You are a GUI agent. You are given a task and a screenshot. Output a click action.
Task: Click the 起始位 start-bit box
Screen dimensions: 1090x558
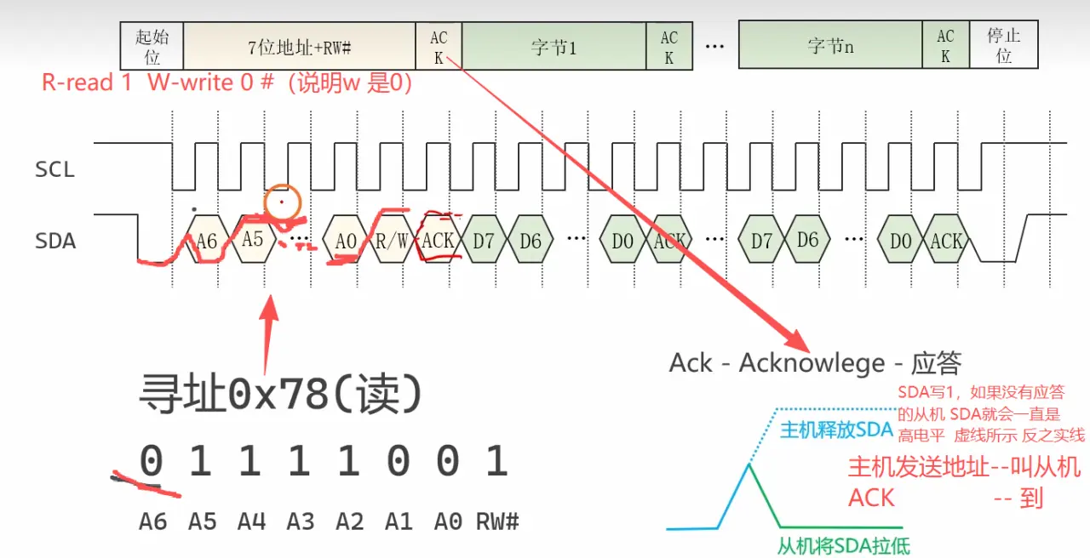click(152, 46)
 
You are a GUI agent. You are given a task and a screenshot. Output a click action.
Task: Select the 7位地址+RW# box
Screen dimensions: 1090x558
click(299, 46)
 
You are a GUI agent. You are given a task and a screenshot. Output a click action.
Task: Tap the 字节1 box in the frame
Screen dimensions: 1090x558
click(554, 46)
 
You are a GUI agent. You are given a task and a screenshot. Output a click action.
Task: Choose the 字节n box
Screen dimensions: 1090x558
click(830, 45)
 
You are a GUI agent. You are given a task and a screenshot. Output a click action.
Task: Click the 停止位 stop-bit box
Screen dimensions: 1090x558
click(1004, 45)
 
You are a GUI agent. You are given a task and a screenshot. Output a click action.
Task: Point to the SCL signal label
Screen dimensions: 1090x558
click(55, 169)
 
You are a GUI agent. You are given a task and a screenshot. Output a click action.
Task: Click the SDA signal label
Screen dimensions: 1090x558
click(55, 241)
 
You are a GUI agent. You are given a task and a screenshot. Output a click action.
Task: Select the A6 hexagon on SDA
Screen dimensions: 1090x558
click(207, 239)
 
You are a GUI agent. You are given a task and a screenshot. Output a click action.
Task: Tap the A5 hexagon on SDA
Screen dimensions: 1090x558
click(253, 239)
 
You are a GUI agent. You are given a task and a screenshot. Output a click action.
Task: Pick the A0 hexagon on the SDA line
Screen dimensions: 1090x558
click(346, 240)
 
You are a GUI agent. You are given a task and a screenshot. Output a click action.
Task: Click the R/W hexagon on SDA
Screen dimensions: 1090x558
click(392, 240)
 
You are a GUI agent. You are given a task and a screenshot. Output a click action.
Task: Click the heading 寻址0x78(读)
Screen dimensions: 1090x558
click(280, 394)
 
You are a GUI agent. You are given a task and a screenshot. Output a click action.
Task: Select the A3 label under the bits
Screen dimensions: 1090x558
click(301, 522)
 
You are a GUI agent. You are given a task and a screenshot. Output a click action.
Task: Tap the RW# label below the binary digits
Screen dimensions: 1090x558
click(497, 522)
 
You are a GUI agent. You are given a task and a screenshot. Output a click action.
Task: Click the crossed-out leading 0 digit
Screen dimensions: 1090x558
click(152, 460)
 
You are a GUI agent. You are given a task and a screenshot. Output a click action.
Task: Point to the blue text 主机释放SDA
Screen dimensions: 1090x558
click(837, 430)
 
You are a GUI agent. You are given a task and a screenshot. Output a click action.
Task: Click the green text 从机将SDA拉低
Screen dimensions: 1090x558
click(843, 546)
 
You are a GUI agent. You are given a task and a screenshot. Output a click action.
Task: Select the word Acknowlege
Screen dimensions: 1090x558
click(812, 363)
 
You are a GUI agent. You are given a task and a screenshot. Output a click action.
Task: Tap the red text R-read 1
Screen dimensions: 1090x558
click(87, 83)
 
